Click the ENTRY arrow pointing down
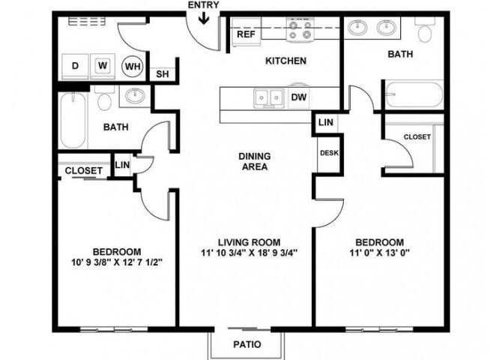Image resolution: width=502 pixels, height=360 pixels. [204, 18]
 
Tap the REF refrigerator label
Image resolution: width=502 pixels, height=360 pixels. [246, 34]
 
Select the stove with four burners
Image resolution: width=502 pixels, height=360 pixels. [300, 29]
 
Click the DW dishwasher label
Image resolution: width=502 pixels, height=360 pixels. [299, 97]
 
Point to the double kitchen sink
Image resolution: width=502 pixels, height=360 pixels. [268, 97]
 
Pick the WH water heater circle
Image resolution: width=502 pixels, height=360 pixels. [133, 66]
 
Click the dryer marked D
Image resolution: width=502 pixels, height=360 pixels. [75, 66]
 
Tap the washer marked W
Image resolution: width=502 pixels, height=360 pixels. [103, 66]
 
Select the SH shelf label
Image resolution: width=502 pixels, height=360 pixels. [163, 74]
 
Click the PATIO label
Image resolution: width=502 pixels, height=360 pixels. [247, 344]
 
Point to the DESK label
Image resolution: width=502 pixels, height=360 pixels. [329, 153]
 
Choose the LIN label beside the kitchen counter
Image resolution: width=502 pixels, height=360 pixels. [326, 122]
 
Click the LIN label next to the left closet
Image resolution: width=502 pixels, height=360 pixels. [122, 165]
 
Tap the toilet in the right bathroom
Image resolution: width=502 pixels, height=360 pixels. [425, 30]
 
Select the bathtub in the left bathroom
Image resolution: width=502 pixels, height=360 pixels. [73, 120]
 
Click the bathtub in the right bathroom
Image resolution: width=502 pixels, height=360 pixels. [414, 95]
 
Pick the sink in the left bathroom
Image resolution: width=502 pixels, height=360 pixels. [135, 95]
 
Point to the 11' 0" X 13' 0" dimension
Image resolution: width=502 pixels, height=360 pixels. [379, 253]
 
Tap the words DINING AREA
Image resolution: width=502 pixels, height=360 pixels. [255, 161]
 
